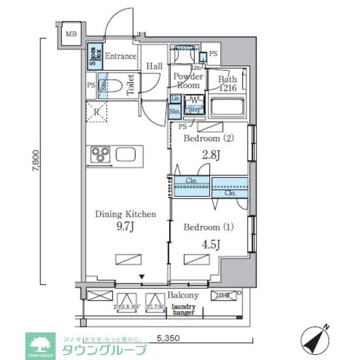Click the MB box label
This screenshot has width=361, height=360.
tap(70, 34)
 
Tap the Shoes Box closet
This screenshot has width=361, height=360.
tap(94, 56)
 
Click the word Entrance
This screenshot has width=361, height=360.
tap(121, 56)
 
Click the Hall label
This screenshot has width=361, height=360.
tap(154, 66)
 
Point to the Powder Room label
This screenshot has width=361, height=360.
tap(188, 81)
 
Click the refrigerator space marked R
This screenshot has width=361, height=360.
tap(97, 112)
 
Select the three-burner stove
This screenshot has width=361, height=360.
tap(101, 154)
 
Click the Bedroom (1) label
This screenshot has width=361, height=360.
tap(208, 227)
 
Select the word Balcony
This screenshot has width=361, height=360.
tap(182, 295)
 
